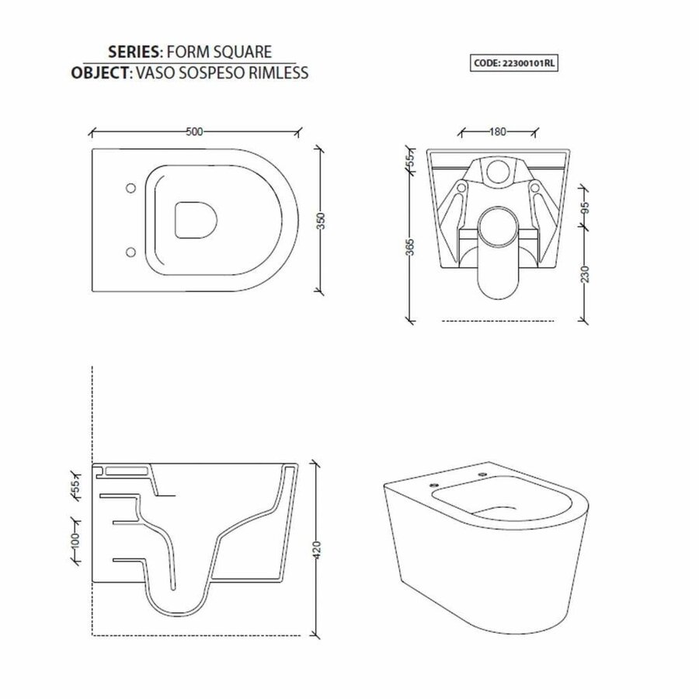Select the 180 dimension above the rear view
498,131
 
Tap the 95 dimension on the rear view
586,208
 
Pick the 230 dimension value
586,273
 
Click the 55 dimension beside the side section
76,488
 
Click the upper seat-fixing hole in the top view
130,187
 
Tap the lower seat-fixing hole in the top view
130,252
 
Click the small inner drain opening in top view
194,220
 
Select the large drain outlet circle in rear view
498,226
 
